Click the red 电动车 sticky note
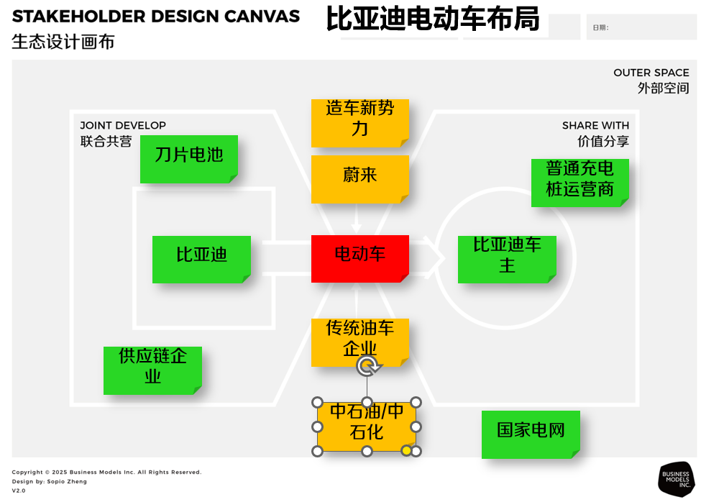[360, 259]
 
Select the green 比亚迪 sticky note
[201, 259]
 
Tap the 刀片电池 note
[188, 159]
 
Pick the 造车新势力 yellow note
[360, 123]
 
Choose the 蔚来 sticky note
[360, 179]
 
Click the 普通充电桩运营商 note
[579, 183]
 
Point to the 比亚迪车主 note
[507, 259]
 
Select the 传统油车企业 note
[360, 342]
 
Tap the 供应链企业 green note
[152, 370]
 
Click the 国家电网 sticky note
[531, 434]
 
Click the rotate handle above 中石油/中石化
[368, 366]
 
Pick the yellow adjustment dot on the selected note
[406, 450]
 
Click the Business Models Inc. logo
[677, 479]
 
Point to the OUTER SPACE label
[651, 73]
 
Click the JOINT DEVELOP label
[123, 125]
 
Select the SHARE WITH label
[595, 125]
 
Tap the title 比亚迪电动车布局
[433, 19]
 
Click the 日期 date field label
[600, 28]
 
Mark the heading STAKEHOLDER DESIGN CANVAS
[155, 16]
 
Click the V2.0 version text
[19, 490]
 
